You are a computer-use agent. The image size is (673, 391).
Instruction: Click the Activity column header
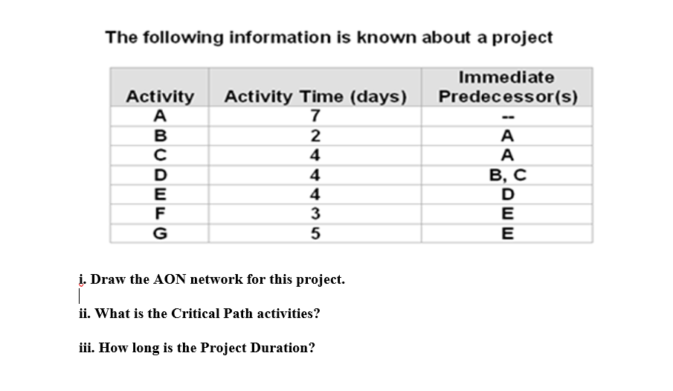click(x=160, y=97)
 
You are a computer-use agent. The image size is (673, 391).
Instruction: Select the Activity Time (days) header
click(x=315, y=97)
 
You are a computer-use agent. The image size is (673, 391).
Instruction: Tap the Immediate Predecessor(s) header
click(x=506, y=87)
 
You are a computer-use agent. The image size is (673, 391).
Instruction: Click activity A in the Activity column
click(x=160, y=116)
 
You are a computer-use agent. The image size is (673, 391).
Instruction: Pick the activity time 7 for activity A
click(x=315, y=116)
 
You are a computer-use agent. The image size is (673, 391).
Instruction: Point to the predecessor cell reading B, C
click(x=506, y=176)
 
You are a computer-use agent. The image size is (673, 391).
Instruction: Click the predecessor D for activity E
click(x=506, y=195)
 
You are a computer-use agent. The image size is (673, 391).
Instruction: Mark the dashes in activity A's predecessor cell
click(x=506, y=117)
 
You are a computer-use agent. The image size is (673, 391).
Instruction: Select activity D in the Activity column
click(x=160, y=176)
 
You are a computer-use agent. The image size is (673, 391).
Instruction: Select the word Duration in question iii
click(x=285, y=348)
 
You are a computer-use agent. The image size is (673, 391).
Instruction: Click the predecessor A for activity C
click(x=506, y=156)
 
